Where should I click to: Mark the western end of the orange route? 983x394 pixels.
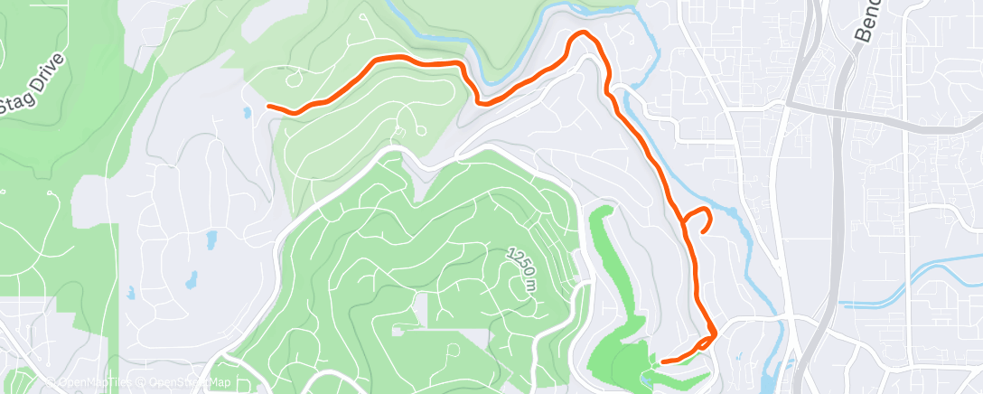269,107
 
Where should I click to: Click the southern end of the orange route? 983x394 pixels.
663,361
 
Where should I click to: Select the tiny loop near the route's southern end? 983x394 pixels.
712,337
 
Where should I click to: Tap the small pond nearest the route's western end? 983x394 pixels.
246,113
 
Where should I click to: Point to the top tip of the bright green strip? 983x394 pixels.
604,209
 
